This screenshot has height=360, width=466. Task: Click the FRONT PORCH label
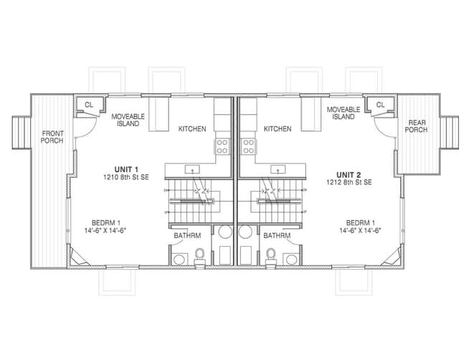pos(52,137)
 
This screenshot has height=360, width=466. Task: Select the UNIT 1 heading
pos(126,169)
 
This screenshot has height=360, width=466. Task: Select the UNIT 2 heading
pos(348,174)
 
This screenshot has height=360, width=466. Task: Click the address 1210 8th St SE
pos(126,177)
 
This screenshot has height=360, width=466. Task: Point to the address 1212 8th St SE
pos(349,182)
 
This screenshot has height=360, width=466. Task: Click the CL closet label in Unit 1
pos(89,105)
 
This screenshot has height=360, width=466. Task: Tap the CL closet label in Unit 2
pos(381,105)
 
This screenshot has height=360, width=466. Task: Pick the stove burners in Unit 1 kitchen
pos(222,146)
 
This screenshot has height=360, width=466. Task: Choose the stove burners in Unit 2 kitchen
pos(249,146)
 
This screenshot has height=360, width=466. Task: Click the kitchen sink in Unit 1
pos(192,169)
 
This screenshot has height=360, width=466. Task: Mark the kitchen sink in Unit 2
pos(278,169)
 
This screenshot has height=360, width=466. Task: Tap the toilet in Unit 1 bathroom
pos(200,257)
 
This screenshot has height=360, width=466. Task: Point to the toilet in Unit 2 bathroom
pos(271,257)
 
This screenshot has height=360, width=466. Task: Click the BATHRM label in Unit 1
pos(187,236)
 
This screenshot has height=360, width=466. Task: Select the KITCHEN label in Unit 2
pos(277,128)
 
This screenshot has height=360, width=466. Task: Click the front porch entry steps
pos(22,132)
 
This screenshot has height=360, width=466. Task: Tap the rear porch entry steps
pos(450,132)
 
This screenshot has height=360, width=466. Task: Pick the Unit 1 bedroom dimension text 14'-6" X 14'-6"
pos(105,230)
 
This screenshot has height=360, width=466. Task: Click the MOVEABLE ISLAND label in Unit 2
pos(343,113)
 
